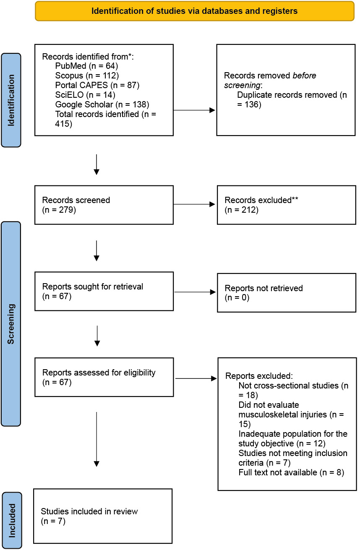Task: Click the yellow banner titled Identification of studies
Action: [195, 11]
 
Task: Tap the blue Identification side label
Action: [11, 100]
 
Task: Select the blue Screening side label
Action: [11, 324]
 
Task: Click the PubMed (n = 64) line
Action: [86, 66]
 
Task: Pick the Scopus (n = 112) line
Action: [87, 76]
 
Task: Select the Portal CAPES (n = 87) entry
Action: [97, 85]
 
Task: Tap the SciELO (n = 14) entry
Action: [85, 95]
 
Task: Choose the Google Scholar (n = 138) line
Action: [102, 104]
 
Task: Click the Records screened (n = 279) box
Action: [104, 205]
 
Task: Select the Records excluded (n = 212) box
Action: [287, 205]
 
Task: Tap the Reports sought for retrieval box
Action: [104, 291]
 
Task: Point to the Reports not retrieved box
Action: [287, 293]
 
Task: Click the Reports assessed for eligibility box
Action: [104, 377]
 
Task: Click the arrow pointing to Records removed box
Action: [194, 110]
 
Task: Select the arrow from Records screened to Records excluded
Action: [194, 204]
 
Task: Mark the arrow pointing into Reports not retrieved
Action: [195, 292]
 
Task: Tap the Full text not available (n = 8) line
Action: [291, 472]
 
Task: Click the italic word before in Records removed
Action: [305, 76]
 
